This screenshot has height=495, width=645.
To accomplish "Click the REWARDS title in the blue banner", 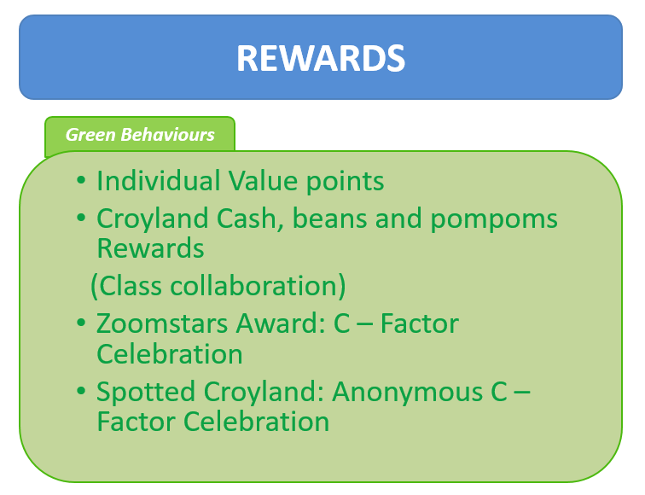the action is pos(321,58).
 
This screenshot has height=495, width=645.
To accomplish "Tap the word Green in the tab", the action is pos(90,135).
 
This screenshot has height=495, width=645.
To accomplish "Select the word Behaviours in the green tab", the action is pos(168,135).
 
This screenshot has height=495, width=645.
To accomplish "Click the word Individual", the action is pos(159,181).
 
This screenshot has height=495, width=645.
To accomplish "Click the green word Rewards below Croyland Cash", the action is pos(150,248).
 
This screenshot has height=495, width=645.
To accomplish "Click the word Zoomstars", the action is pos(162,323).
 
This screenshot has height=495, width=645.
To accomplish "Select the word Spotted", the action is pos(146,392).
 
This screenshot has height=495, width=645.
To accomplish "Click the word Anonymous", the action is pos(407,392).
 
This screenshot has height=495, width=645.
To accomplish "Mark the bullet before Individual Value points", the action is pos(81,180).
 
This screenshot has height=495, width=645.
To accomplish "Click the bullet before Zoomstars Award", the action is pos(81,323).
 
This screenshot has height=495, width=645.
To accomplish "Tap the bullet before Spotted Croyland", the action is pos(81,391).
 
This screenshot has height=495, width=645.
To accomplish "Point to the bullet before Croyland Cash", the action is pos(81,218).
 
